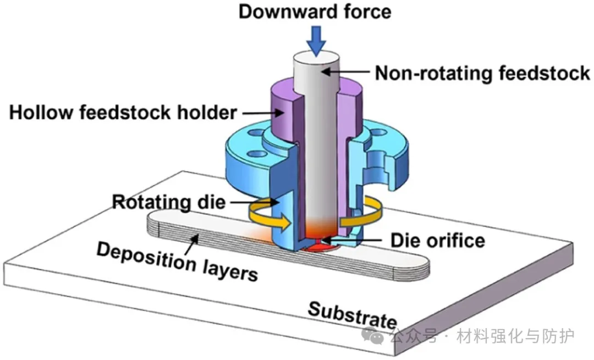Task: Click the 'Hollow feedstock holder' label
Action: pyautogui.click(x=123, y=113)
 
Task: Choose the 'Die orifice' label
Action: pyautogui.click(x=438, y=240)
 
